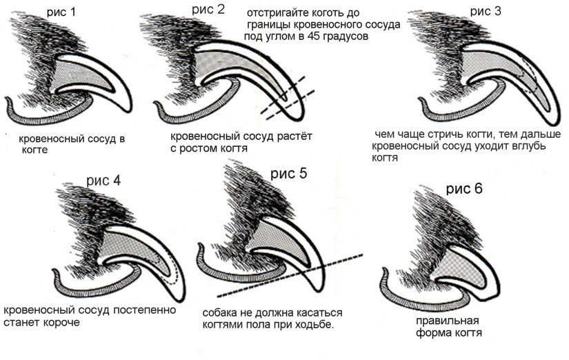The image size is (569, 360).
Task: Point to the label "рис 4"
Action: click(x=103, y=181)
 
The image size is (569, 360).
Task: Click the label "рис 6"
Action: click(x=467, y=188)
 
